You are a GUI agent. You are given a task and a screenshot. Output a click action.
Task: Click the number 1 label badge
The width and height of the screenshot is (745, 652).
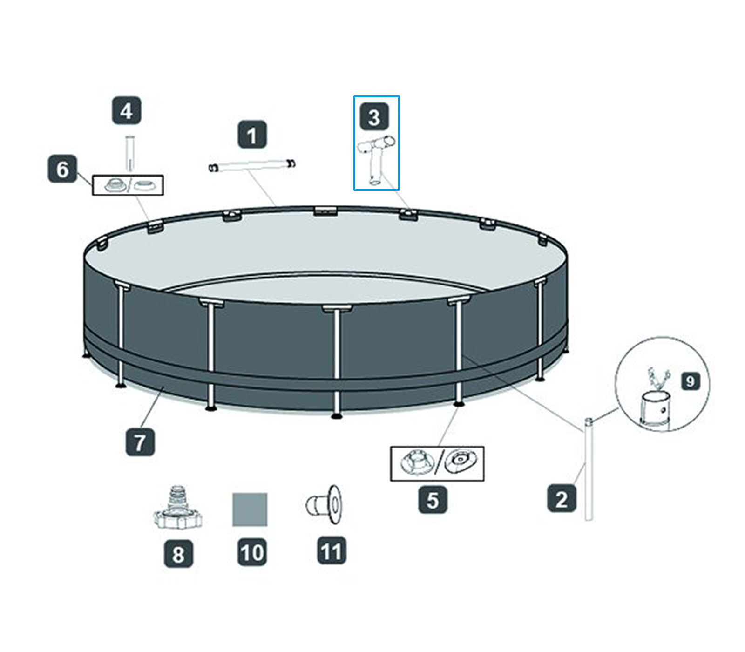tap(252, 135)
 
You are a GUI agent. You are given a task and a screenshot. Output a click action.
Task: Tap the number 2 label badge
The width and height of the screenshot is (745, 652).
tap(562, 498)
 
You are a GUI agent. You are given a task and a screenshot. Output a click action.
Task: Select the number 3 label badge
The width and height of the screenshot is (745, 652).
tap(374, 117)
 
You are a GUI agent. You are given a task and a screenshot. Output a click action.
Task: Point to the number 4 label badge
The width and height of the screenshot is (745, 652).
tap(126, 111)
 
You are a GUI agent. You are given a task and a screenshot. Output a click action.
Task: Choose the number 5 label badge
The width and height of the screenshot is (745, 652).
tap(433, 500)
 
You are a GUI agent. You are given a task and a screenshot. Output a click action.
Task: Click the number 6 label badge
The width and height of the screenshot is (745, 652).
tap(62, 169)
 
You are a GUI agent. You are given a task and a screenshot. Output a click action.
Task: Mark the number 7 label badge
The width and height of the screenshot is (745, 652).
tap(140, 441)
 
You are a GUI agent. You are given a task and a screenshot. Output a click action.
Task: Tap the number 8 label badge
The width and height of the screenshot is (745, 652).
tap(178, 553)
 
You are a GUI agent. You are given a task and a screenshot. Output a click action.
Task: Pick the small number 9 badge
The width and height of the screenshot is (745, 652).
tap(690, 381)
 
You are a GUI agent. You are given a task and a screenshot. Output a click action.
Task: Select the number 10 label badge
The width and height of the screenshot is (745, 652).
tap(252, 552)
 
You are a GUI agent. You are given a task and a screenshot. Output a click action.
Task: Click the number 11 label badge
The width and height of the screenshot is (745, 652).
tap(331, 551)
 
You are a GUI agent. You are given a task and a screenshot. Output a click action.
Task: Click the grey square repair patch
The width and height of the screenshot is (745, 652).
tap(250, 509)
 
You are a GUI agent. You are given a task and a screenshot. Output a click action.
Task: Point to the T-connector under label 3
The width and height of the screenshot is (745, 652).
tap(375, 158)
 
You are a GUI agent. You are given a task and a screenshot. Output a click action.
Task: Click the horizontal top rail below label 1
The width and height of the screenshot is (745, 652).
tap(252, 165)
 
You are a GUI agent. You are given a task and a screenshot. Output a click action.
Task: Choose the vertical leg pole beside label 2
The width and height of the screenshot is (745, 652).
tap(589, 470)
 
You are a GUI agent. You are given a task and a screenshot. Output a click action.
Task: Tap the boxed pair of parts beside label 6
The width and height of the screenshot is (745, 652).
tap(128, 185)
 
